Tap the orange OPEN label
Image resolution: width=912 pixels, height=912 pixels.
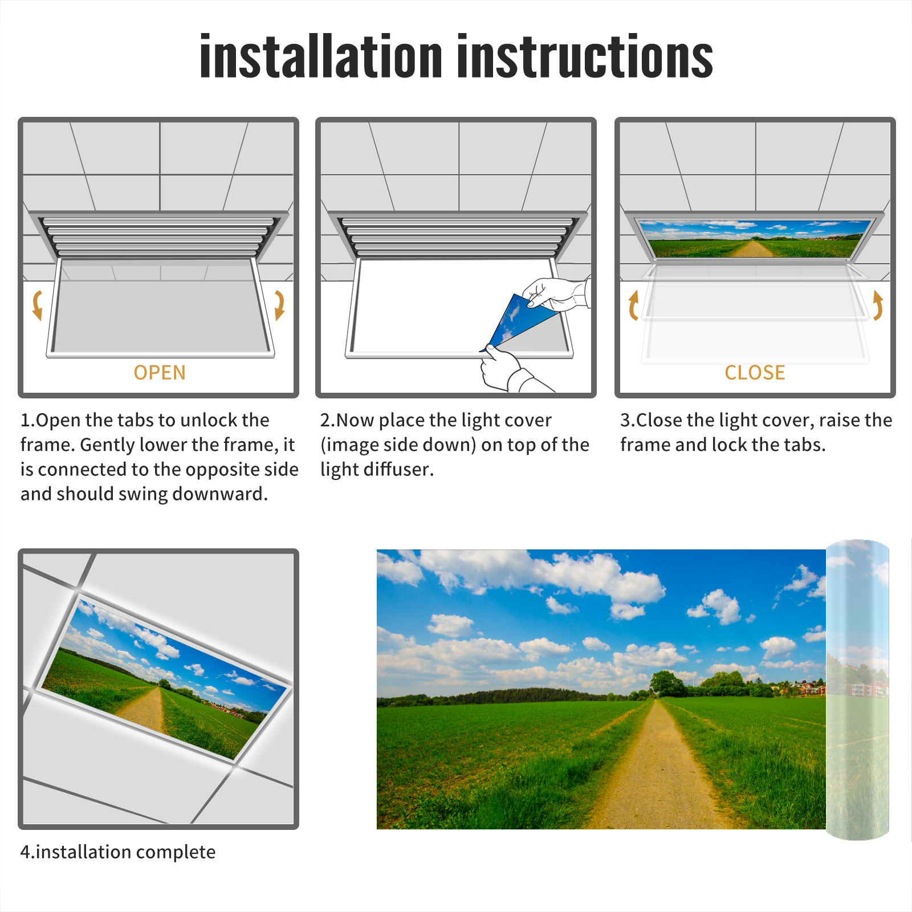(x=160, y=373)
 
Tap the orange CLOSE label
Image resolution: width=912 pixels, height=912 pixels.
(x=755, y=373)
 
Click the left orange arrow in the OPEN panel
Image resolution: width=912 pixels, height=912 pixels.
(x=37, y=305)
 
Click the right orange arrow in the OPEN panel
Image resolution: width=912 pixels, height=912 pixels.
(x=279, y=305)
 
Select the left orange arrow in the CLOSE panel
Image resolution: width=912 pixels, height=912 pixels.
(x=633, y=305)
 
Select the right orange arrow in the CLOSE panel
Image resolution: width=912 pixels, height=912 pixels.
(x=878, y=305)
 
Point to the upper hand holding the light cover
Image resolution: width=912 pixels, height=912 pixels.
(x=556, y=294)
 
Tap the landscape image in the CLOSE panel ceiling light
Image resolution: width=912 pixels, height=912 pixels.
(x=755, y=238)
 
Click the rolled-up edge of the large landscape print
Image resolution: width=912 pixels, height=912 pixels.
(x=857, y=690)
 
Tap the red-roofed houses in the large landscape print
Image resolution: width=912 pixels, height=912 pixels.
(x=809, y=688)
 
